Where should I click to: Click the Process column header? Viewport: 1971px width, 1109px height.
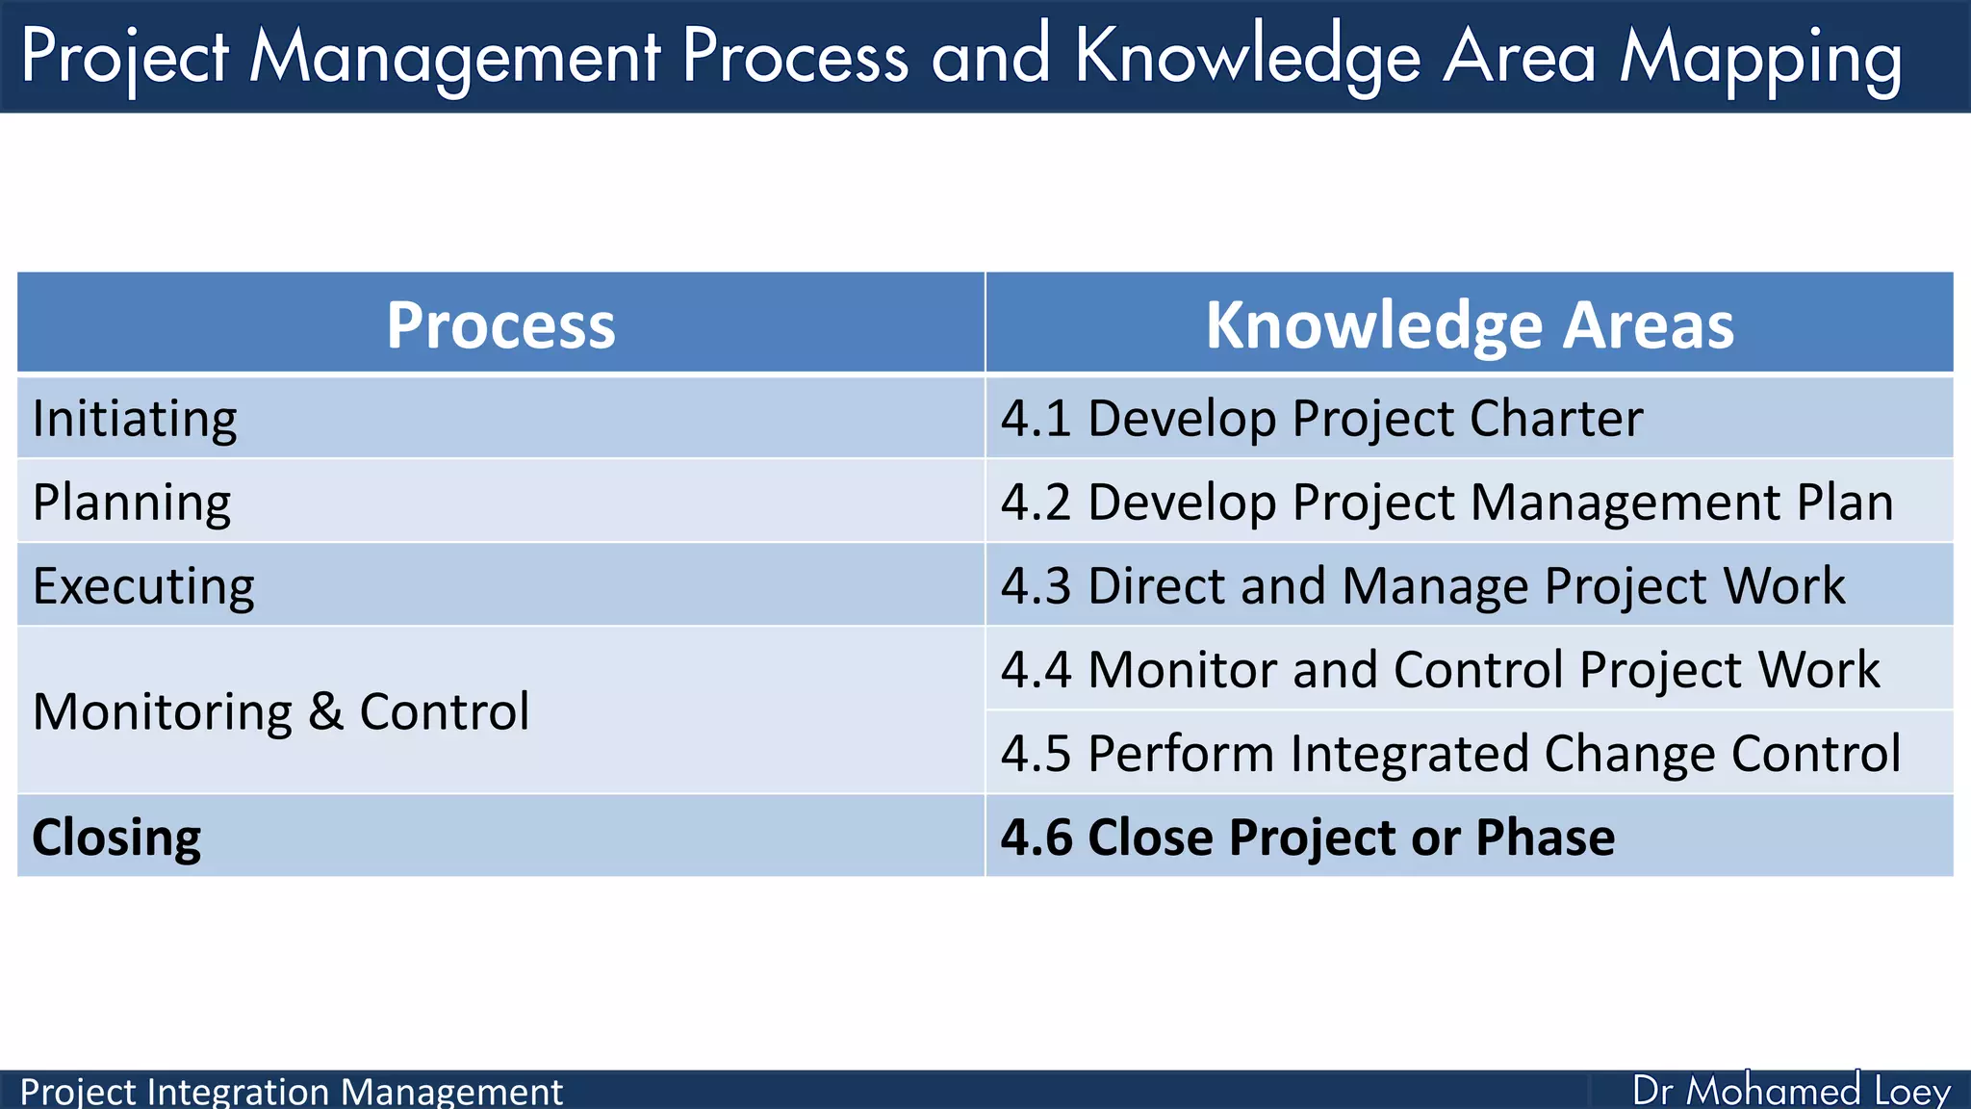[x=500, y=325]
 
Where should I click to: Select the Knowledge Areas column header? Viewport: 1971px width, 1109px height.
[x=1470, y=325]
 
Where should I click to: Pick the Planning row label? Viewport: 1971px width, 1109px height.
[x=132, y=503]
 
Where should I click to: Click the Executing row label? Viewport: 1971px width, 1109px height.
[x=143, y=586]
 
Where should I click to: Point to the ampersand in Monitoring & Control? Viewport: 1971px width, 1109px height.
[x=325, y=711]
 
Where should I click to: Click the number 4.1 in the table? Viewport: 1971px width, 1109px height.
[x=1036, y=419]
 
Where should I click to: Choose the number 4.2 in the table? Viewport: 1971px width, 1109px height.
[x=1036, y=503]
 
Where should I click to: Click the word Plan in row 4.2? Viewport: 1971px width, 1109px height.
[x=1844, y=503]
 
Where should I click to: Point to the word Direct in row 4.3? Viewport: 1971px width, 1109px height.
[x=1156, y=586]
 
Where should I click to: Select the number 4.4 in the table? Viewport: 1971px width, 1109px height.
[x=1036, y=670]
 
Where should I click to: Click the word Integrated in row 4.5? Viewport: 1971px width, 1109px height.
[x=1409, y=754]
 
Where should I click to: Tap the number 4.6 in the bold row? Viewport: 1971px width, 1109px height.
[x=1036, y=838]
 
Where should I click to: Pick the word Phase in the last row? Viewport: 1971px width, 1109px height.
[x=1545, y=838]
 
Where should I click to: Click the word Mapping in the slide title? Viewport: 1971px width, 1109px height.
[x=1760, y=58]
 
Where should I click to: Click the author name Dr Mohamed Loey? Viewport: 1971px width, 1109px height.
[x=1791, y=1091]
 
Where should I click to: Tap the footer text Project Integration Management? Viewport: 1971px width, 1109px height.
[x=291, y=1092]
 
